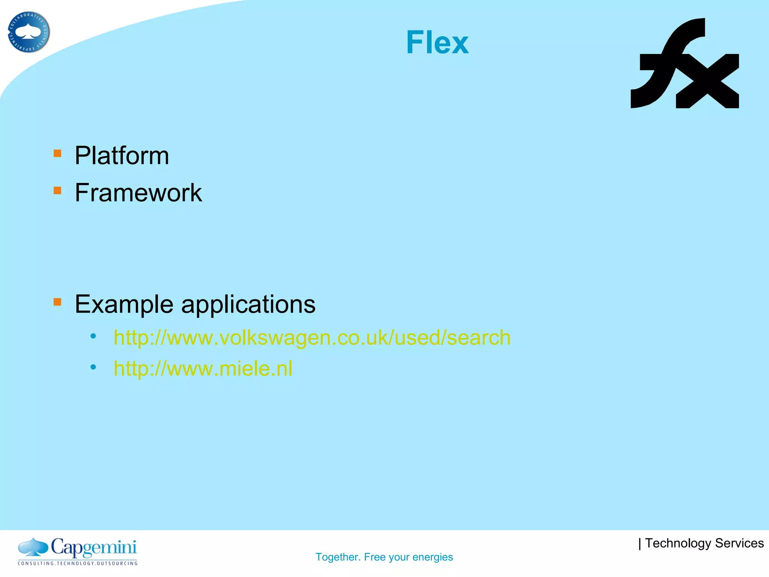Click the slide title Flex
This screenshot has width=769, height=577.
(x=437, y=42)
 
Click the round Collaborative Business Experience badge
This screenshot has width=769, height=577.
(x=29, y=32)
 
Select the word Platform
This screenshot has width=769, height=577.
(x=122, y=156)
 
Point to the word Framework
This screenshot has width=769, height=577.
(x=138, y=193)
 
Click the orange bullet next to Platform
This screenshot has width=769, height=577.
(x=57, y=153)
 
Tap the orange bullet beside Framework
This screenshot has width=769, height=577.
(x=57, y=190)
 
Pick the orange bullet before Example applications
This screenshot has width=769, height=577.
(x=57, y=302)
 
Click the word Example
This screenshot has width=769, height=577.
(x=124, y=304)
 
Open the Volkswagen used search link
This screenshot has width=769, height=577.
(x=312, y=337)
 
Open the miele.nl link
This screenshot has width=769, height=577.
(x=203, y=368)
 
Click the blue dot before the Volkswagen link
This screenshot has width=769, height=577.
(x=93, y=336)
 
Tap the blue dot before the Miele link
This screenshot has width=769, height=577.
(x=93, y=367)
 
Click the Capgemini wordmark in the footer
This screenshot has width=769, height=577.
(x=93, y=548)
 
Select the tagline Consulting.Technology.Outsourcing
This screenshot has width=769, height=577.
(x=78, y=563)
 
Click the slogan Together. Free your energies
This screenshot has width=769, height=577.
(x=384, y=557)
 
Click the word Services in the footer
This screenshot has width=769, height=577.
(x=739, y=543)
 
